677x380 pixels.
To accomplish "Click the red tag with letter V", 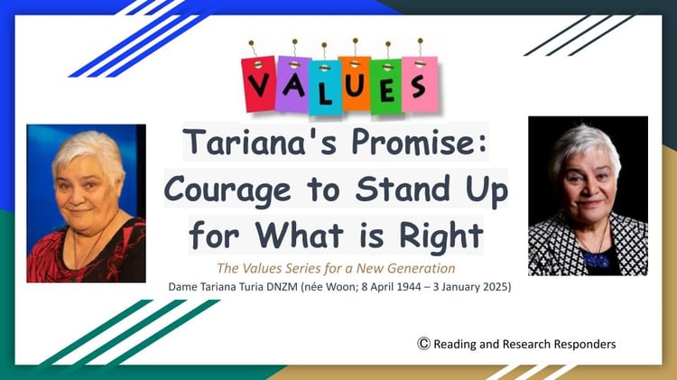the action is (x=259, y=83).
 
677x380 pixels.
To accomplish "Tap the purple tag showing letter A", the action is (x=292, y=84).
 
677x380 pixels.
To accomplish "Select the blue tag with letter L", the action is (x=325, y=88).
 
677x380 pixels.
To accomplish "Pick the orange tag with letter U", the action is (x=355, y=83).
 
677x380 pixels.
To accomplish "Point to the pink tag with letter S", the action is (x=420, y=84).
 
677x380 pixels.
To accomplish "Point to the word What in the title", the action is (x=299, y=236).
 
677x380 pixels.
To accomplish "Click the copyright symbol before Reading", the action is (x=423, y=343).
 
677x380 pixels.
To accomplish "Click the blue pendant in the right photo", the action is (x=597, y=260).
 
